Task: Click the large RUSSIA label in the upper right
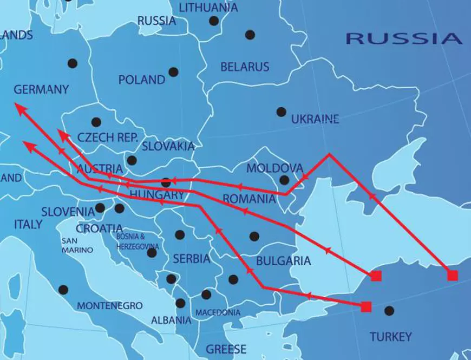[x=404, y=38]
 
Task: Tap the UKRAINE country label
[x=315, y=119]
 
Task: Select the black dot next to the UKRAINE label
[x=281, y=112]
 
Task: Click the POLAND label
[x=142, y=80]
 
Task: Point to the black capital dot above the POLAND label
[x=173, y=71]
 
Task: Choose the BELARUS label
[x=245, y=67]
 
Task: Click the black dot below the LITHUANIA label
[x=214, y=21]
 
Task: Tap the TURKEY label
[x=390, y=337]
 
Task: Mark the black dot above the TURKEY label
[x=389, y=311]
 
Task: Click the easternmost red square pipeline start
[x=453, y=275]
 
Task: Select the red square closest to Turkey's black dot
[x=366, y=307]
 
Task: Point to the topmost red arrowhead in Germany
[x=17, y=106]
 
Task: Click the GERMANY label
[x=41, y=89]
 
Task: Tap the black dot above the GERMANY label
[x=72, y=63]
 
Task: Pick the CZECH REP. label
[x=108, y=138]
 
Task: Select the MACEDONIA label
[x=218, y=313]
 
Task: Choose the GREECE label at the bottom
[x=226, y=349]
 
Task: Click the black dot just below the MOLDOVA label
[x=284, y=180]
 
